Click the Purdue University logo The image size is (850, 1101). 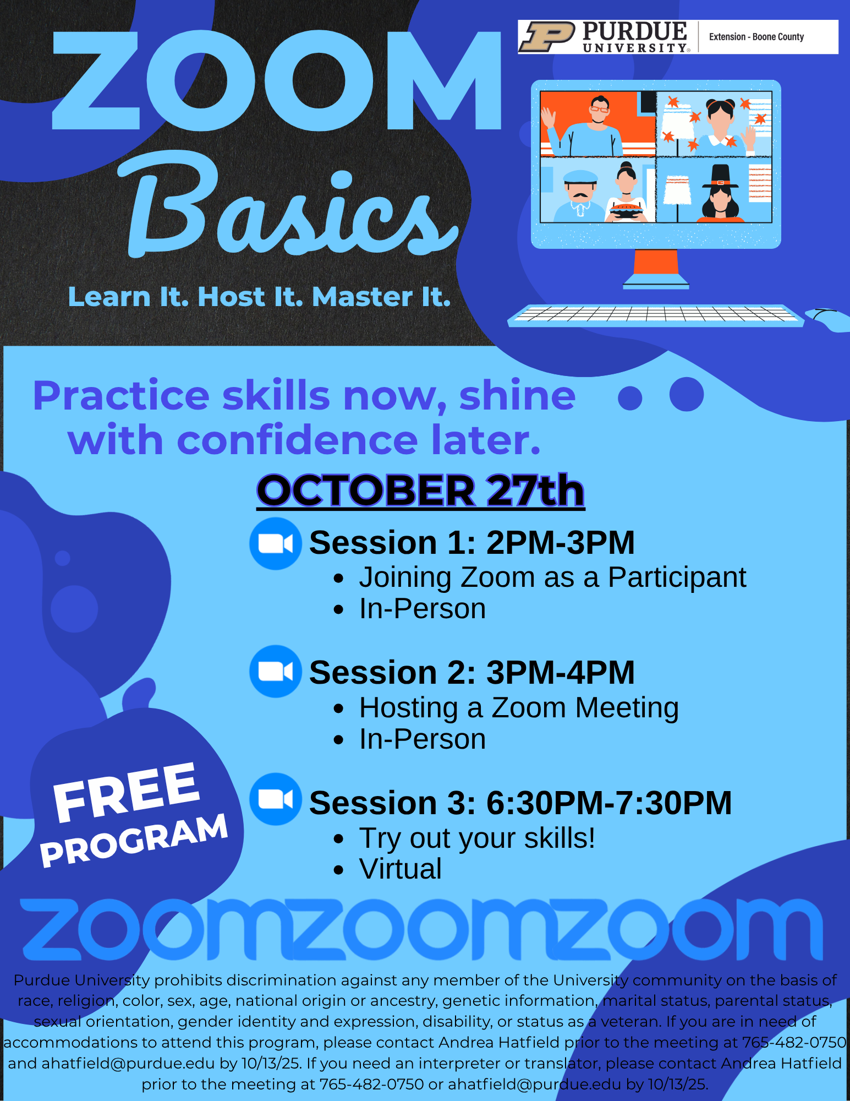[x=604, y=37]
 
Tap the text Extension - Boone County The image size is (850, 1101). [x=756, y=37]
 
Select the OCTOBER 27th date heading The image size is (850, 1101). [x=420, y=490]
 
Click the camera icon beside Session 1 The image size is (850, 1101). [x=275, y=543]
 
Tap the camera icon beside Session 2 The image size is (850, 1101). [x=275, y=671]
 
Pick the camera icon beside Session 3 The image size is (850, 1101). [x=275, y=799]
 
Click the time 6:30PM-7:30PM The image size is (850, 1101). [x=609, y=802]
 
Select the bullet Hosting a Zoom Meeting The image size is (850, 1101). [x=519, y=708]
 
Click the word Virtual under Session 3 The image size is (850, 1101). [x=400, y=869]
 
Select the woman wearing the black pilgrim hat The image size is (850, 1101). [x=720, y=193]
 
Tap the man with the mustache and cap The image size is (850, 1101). [x=579, y=196]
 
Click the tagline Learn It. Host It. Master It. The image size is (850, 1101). [x=260, y=297]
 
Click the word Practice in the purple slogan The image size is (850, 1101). [x=121, y=396]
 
